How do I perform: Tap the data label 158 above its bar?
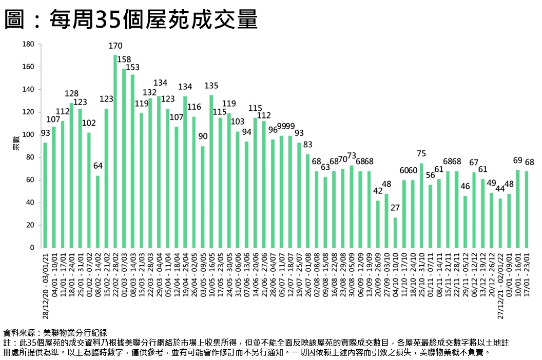coord(124,59)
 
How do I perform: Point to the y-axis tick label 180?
coord(28,45)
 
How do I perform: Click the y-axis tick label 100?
coord(28,135)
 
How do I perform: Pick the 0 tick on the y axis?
coord(32,248)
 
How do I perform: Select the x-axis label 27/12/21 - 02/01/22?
coord(500,285)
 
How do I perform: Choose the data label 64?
coord(98,166)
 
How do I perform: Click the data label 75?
coord(421,153)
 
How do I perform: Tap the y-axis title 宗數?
coord(15,146)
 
